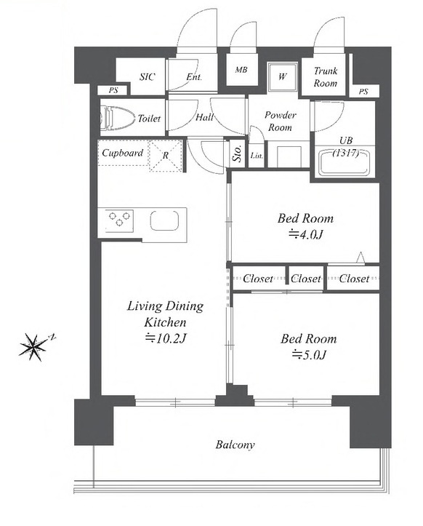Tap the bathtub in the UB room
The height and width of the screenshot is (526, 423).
point(345,163)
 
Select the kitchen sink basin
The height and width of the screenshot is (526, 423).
point(164,220)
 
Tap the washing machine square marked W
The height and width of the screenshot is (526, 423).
point(282,77)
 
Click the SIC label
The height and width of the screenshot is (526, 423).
point(147,77)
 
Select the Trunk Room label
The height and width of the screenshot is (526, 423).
point(326,77)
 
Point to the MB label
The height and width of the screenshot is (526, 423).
point(241,70)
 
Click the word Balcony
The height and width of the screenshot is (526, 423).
point(235,445)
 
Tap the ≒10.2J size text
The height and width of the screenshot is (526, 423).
point(165,338)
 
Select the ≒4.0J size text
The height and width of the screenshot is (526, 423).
point(306,234)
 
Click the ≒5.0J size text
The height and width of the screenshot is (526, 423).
point(309,354)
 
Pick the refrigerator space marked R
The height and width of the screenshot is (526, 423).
point(166,156)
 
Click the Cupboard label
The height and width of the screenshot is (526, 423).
point(122,153)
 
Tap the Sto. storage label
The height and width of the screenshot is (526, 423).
point(238,154)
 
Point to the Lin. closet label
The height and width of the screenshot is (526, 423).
point(257,156)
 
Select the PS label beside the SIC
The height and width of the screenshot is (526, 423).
point(113,90)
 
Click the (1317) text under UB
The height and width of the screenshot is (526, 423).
point(345,153)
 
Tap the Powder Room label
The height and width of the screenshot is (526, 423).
point(281,121)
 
